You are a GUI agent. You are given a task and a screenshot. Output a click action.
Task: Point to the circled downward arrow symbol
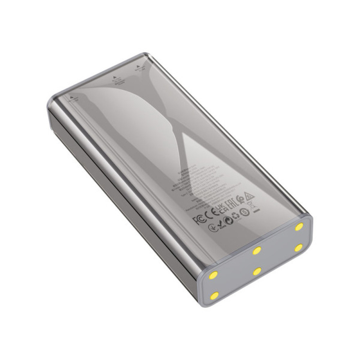coord(213,228)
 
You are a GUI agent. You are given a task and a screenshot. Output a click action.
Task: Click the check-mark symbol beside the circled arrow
coord(220,225)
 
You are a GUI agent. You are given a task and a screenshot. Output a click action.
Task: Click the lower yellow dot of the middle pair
coord(257,271)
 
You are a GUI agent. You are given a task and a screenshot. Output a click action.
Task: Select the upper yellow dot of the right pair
coord(298,227)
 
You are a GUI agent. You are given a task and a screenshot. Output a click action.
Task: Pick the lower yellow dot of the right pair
coord(298,248)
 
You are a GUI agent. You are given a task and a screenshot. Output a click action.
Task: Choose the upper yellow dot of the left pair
coord(214,276)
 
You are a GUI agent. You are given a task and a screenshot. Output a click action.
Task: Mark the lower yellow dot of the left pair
coord(215,296)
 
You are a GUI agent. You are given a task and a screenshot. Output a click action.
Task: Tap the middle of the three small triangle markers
coord(114,76)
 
